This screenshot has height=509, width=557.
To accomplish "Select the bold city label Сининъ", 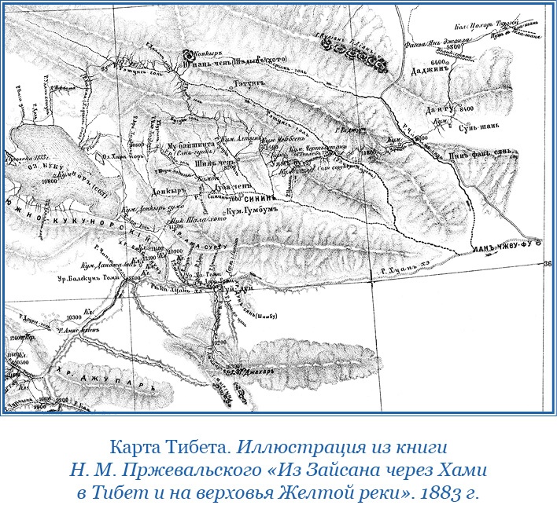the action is click(267, 200).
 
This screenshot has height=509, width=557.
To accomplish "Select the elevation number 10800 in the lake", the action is click(51, 181).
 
